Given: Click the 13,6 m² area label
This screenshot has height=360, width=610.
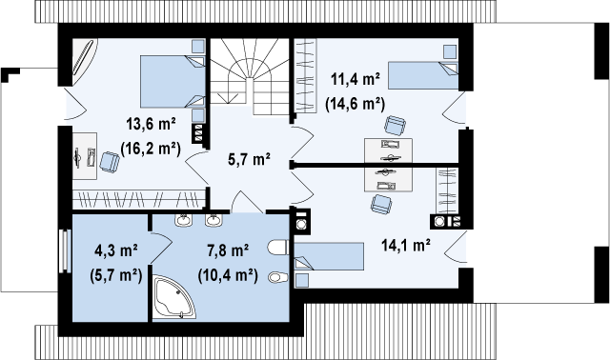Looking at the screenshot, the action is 151,125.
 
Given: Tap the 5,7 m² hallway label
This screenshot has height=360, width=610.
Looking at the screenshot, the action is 249,159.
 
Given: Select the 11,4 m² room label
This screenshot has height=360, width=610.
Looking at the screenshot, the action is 356,79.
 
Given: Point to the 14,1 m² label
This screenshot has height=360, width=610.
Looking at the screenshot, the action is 406,246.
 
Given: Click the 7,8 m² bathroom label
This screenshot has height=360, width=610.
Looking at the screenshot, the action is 228,250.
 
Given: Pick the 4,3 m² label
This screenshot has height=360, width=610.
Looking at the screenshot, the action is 116,250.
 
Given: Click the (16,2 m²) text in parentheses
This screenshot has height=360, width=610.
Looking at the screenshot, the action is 151,149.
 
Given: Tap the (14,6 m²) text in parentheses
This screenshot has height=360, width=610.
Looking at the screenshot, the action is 356,104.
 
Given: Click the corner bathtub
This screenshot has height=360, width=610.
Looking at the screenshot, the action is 173,297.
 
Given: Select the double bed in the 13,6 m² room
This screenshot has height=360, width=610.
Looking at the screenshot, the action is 173,81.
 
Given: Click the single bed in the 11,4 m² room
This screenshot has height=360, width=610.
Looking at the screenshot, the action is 423,75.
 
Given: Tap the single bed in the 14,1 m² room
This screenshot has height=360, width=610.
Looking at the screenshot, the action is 329,256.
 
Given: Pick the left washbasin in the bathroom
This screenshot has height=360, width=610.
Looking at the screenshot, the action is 183,220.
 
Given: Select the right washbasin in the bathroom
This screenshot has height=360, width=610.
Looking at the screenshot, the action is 213,220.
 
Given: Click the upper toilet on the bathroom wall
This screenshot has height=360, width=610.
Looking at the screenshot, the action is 278,248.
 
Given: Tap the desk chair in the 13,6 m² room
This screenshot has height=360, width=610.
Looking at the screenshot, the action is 110,162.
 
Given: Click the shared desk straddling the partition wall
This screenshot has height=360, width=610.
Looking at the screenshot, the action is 388,165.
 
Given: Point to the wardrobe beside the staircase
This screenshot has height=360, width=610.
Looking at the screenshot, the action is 305,76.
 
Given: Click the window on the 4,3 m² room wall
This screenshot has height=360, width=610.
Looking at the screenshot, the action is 65,251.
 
